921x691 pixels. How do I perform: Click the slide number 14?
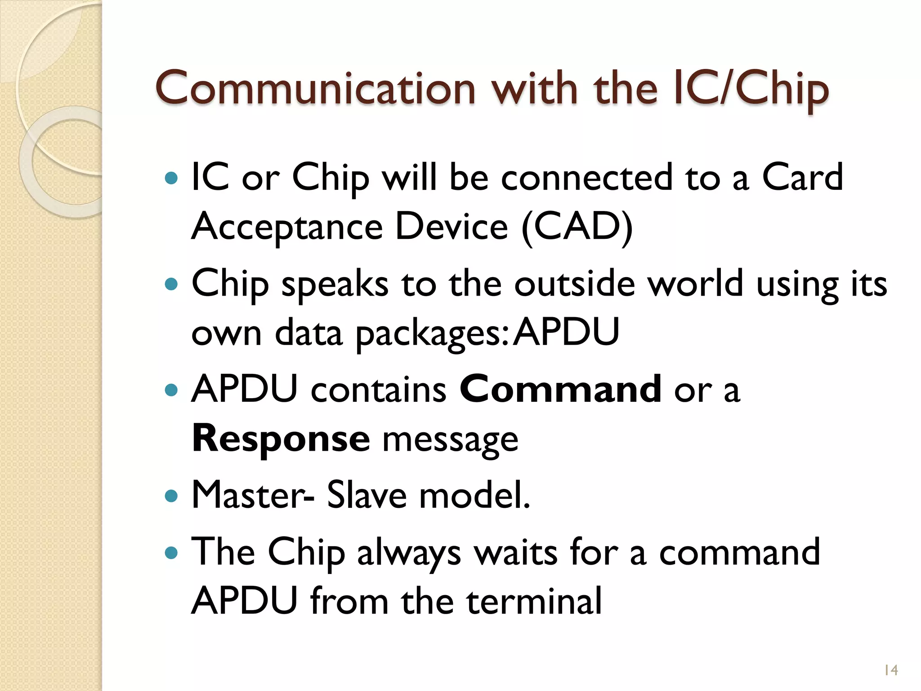[x=890, y=670]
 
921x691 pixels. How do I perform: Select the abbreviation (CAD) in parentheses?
[x=577, y=227]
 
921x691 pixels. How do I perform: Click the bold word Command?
[x=560, y=390]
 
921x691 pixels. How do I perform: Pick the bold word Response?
[x=281, y=439]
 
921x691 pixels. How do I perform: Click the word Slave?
[x=367, y=495]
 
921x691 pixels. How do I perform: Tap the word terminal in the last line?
[x=534, y=601]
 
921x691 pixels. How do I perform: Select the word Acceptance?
[x=287, y=227]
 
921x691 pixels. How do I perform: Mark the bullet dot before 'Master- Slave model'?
[x=171, y=497]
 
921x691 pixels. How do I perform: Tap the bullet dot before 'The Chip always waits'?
[x=171, y=553]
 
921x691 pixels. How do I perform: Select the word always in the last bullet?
[x=409, y=553]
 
